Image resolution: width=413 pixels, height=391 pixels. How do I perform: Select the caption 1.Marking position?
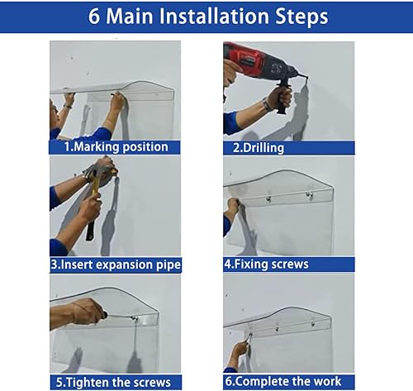tap(116, 147)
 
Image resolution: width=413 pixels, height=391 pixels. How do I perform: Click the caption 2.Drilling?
tap(258, 147)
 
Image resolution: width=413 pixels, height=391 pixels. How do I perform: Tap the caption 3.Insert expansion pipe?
tap(116, 265)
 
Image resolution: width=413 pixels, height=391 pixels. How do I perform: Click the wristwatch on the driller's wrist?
tap(268, 103)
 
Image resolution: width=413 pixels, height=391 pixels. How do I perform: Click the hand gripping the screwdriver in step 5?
tap(85, 312)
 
